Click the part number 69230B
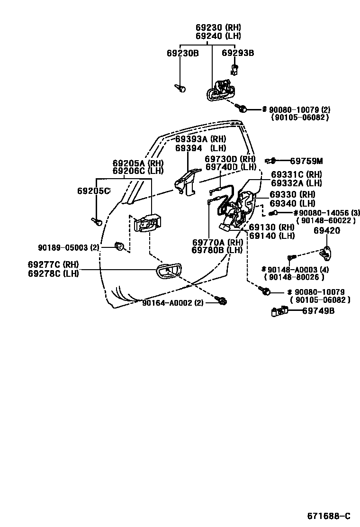coord(182,53)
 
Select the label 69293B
coord(238,53)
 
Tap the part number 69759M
coord(306,161)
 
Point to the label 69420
coord(327,231)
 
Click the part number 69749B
coord(318,311)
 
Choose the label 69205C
coord(94,191)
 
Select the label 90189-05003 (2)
coord(69,247)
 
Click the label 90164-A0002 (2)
coord(173,302)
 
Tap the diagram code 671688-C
coord(329,516)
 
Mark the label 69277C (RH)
coord(53,264)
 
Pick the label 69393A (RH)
coord(200,139)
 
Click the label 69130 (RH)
coord(271,227)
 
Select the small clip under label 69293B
coord(234,69)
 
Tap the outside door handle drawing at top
coord(220,91)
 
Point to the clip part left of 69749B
coord(279,311)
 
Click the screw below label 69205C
coord(97,221)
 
